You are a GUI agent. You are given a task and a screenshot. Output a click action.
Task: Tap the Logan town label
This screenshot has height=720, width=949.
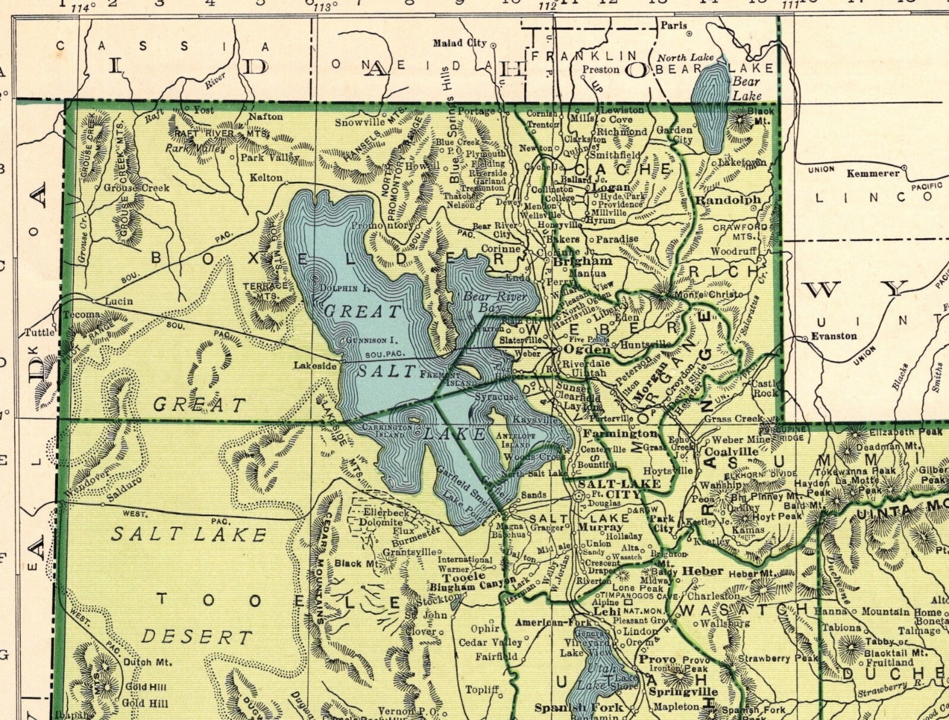(611, 187)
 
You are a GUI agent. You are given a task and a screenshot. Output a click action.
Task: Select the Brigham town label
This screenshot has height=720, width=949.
(582, 261)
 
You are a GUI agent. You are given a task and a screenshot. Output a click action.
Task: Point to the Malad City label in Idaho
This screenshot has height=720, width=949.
(460, 43)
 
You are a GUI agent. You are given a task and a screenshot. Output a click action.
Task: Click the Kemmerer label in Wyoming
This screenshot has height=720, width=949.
(873, 174)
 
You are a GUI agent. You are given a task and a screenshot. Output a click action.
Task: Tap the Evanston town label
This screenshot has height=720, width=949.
(834, 336)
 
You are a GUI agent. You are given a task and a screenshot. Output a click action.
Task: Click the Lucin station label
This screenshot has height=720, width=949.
(119, 301)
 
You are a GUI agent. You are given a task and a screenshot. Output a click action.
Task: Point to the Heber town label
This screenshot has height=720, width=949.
(703, 571)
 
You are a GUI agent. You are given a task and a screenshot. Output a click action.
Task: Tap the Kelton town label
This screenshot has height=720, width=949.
(266, 177)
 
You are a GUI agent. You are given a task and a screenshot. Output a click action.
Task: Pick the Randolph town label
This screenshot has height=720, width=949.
(728, 200)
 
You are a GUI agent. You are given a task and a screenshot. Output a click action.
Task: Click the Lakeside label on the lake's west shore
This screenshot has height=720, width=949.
(315, 366)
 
